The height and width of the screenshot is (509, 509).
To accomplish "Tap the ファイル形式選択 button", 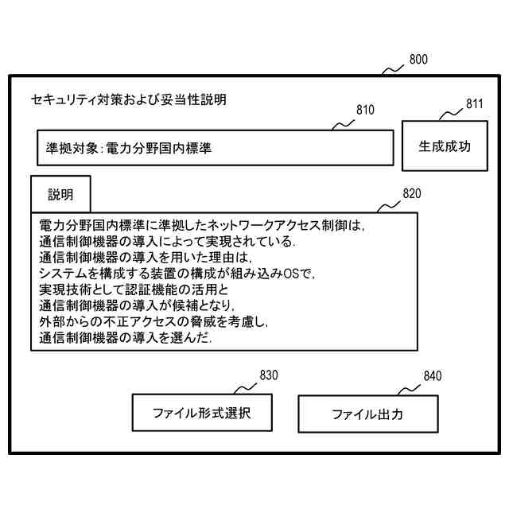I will tap(201, 414).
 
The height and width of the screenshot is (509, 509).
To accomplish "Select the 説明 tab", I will tap(60, 195).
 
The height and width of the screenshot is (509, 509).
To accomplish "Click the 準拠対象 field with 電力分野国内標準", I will tap(216, 148).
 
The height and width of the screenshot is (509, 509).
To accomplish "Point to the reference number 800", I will tap(418, 60).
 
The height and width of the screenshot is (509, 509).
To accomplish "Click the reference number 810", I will tap(365, 111).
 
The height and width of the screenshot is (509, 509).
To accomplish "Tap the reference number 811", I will tap(475, 103).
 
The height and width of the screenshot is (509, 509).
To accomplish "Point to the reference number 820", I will tap(412, 193).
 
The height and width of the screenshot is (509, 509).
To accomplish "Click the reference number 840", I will tap(432, 375).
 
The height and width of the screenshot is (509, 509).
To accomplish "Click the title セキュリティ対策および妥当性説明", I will tap(128, 100).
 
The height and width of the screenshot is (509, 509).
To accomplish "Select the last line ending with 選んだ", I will tap(127, 338).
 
